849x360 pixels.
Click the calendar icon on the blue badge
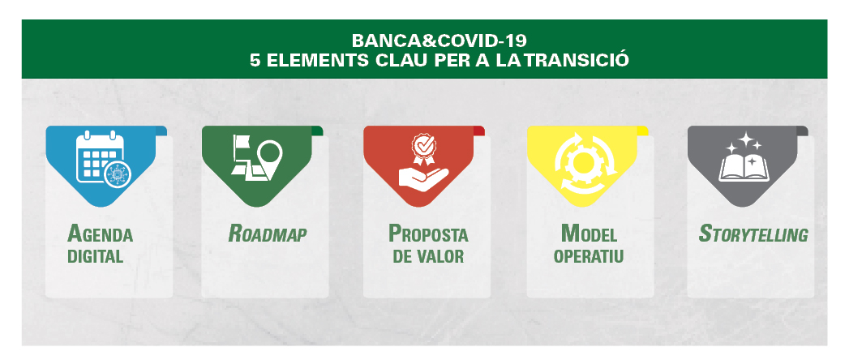pyautogui.click(x=101, y=157)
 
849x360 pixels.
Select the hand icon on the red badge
pyautogui.click(x=422, y=177)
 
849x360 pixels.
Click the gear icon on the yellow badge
pyautogui.click(x=584, y=161)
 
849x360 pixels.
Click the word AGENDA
pyautogui.click(x=100, y=234)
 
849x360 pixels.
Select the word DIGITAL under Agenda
pyautogui.click(x=96, y=256)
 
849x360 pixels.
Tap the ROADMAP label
pyautogui.click(x=268, y=234)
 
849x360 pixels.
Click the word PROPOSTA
pyautogui.click(x=428, y=234)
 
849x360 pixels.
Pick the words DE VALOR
pyautogui.click(x=428, y=256)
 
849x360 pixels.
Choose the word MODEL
pyautogui.click(x=589, y=234)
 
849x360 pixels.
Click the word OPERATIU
pyautogui.click(x=589, y=256)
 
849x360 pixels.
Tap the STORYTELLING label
pyautogui.click(x=753, y=234)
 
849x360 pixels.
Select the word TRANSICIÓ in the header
pyautogui.click(x=577, y=58)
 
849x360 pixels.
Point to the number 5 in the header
pyautogui.click(x=255, y=59)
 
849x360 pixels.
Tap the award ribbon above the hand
pyautogui.click(x=422, y=148)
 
